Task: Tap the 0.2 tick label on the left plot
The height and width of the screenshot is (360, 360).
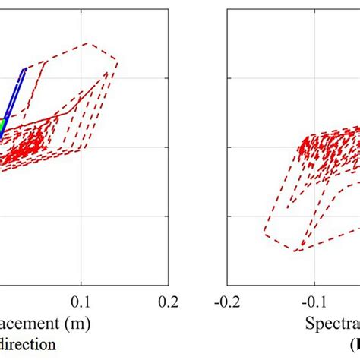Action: point(166,302)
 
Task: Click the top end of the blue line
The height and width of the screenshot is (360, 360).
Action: point(24,71)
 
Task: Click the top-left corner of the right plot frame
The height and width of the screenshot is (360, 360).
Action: point(229,8)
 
